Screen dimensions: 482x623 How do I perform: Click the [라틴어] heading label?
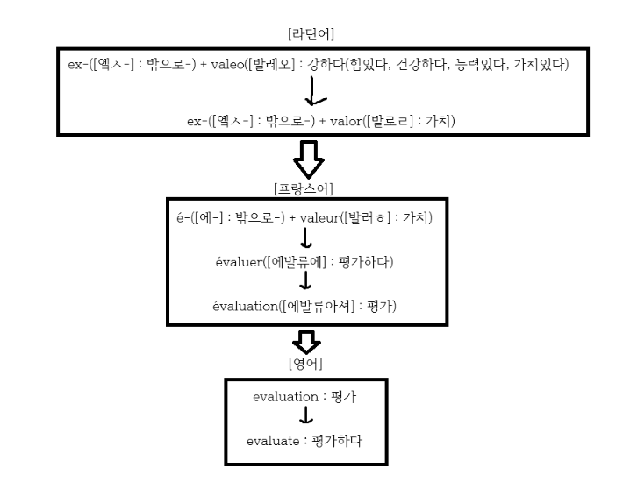(x=311, y=33)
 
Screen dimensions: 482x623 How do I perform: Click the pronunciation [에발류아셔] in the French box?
(x=326, y=306)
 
